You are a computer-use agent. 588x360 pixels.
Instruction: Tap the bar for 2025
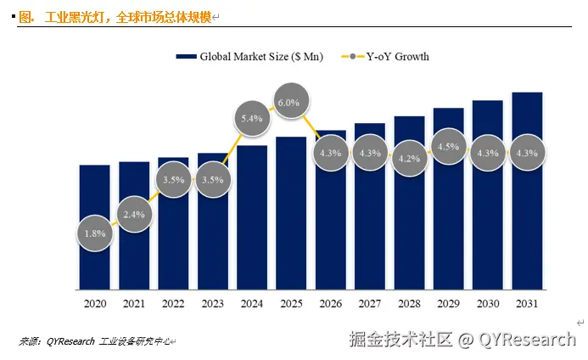tap(291, 238)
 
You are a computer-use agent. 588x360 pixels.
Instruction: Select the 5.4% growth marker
tap(252, 119)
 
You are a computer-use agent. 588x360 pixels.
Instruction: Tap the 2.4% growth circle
tap(135, 214)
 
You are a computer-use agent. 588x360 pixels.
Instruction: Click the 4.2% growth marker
tap(408, 157)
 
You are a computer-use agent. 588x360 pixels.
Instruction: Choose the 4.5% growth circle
tap(448, 147)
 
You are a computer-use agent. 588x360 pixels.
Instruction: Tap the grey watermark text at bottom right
tap(462, 340)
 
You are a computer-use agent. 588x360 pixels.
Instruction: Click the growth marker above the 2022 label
tap(174, 180)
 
